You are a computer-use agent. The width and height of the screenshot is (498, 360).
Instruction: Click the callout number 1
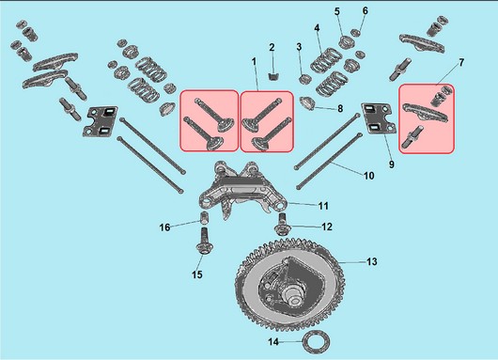coord(254,61)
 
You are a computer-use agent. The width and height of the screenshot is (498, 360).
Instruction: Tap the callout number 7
coord(461,62)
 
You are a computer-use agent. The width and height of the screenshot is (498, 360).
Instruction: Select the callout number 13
coord(371,261)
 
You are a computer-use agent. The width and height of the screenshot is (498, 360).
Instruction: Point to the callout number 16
coord(164,227)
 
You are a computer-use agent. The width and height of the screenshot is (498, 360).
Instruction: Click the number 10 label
coord(368,176)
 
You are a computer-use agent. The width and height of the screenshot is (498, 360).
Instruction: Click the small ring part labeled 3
coord(305,78)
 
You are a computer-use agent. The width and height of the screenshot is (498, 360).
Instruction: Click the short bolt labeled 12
coord(282,225)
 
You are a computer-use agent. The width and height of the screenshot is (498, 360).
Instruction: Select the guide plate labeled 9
coord(379,118)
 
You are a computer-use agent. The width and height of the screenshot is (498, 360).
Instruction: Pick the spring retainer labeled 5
coord(345,42)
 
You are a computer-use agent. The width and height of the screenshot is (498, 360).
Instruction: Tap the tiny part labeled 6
coord(356,32)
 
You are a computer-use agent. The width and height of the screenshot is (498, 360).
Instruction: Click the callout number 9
coord(391,164)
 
